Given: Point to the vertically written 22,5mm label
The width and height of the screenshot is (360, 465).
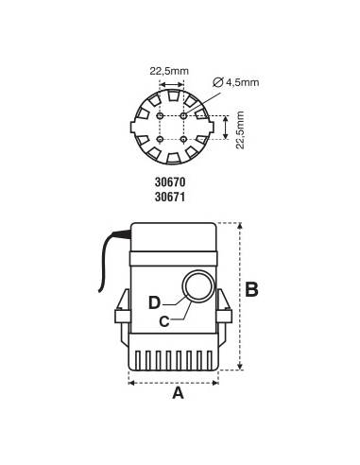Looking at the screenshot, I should click(x=241, y=127).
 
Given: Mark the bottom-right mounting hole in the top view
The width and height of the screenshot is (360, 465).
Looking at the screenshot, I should click(x=183, y=139).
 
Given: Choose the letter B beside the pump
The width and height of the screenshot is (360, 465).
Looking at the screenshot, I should click(x=251, y=290).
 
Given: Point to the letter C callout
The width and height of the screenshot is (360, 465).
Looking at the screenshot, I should click(x=163, y=320).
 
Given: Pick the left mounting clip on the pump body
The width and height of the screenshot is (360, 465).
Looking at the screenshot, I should click(x=121, y=310).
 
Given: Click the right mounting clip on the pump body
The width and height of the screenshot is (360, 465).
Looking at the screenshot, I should click(x=225, y=310).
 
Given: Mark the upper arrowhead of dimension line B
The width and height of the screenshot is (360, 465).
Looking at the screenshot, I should click(x=241, y=226).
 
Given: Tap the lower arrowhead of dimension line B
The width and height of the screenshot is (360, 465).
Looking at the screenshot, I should click(x=241, y=368).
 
